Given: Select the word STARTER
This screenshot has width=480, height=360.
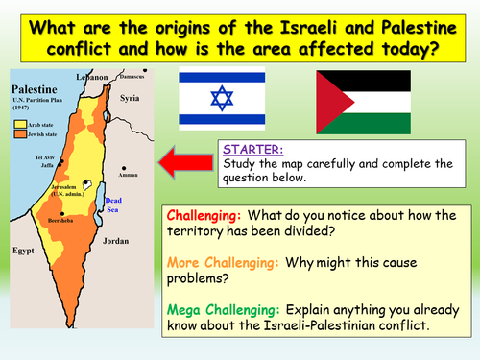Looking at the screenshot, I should (246, 150).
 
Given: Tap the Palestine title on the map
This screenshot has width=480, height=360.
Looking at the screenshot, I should (36, 86).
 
